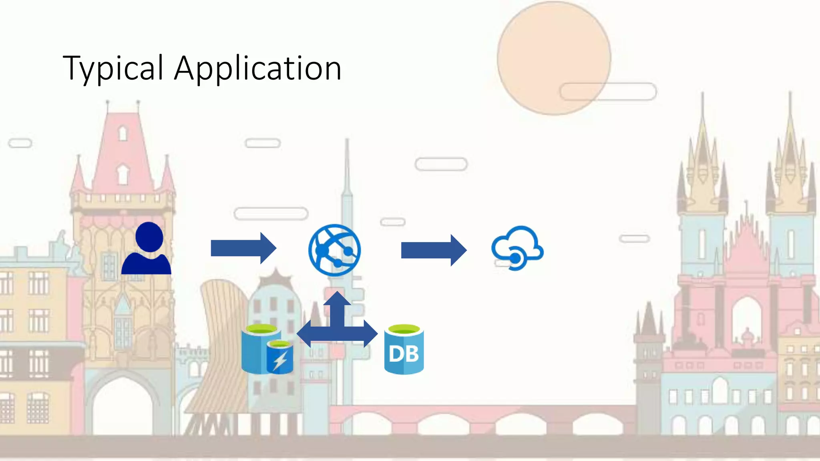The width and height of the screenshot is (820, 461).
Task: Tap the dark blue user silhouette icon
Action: click(147, 250)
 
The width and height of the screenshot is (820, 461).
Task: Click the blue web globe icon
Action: click(334, 250)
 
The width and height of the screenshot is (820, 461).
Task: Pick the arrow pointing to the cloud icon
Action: click(433, 250)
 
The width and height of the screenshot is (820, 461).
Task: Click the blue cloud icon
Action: click(517, 248)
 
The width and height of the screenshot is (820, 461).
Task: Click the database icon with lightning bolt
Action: click(267, 350)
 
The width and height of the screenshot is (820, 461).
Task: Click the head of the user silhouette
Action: click(149, 237)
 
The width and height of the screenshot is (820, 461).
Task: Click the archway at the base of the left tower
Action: click(123, 404)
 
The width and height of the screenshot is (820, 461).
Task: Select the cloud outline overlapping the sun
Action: click(608, 92)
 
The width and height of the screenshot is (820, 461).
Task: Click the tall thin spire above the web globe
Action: click(347, 172)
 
